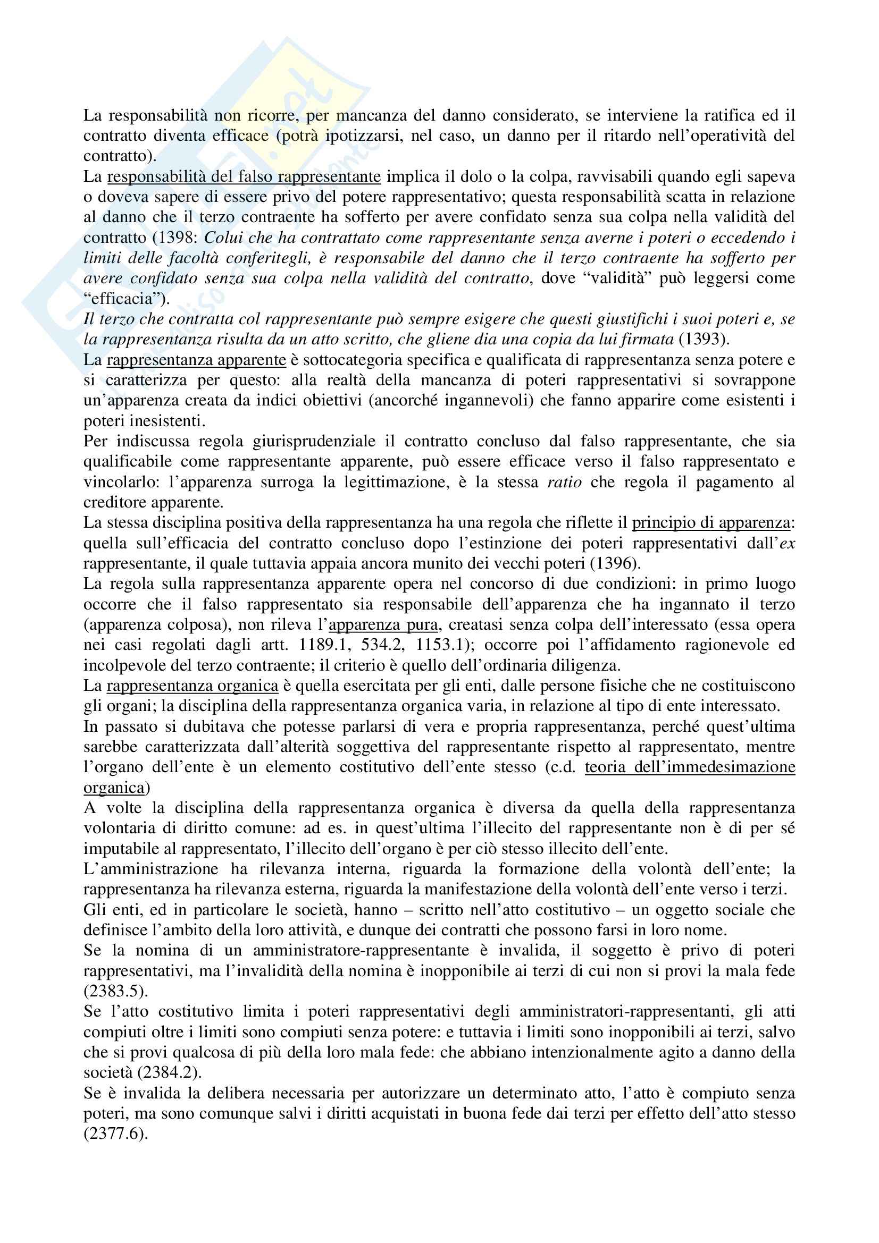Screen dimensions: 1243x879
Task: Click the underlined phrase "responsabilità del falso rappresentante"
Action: click(244, 176)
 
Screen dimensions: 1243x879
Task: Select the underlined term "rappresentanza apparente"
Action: click(196, 360)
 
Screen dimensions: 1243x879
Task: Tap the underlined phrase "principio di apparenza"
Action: click(711, 523)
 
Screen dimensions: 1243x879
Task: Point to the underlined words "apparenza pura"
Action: click(383, 625)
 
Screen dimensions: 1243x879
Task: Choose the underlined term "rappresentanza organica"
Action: click(192, 686)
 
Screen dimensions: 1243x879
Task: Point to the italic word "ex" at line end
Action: click(786, 543)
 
